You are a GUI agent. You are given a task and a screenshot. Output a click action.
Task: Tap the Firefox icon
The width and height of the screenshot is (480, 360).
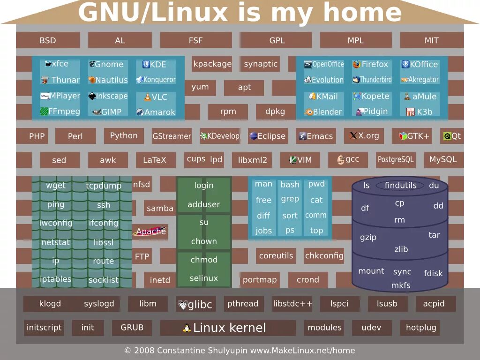[357, 64]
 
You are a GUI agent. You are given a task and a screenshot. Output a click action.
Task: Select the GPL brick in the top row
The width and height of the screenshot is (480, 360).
[277, 40]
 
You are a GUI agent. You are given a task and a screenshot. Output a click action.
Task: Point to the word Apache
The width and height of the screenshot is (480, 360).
[151, 231]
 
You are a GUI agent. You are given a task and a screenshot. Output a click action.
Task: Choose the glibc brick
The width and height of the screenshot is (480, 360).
[195, 305]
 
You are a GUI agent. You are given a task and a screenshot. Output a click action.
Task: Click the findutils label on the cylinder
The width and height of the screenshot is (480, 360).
[400, 185]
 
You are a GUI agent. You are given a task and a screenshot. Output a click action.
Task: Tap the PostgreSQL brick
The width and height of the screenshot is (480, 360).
[396, 159]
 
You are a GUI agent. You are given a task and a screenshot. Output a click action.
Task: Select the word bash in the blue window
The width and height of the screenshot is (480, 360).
[290, 185]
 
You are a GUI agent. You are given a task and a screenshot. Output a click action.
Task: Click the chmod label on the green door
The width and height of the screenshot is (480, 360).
[204, 260]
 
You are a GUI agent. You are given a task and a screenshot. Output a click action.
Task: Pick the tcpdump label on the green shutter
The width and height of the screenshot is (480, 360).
[104, 186]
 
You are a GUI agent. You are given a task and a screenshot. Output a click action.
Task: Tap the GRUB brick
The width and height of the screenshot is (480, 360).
[132, 328]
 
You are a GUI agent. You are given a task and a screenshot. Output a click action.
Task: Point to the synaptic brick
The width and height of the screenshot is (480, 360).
[261, 64]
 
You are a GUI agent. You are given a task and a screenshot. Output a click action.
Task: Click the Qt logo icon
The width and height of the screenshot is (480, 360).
[447, 136]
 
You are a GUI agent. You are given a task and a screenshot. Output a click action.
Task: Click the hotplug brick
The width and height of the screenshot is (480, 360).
[420, 328]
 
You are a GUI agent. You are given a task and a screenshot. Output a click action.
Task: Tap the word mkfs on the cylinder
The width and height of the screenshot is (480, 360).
[401, 285]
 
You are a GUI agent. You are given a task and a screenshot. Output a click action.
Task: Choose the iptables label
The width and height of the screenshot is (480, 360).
[56, 279]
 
